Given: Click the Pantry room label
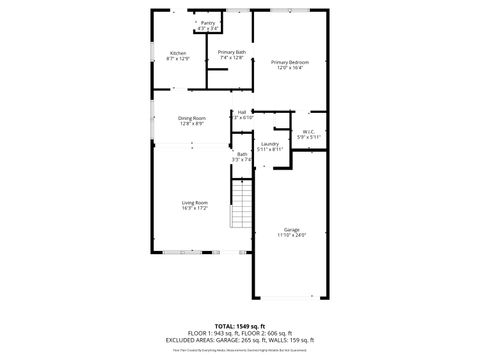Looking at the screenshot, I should click(x=208, y=21).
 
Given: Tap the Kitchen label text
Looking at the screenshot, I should click(x=178, y=52).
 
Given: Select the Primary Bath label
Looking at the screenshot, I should click(x=233, y=52).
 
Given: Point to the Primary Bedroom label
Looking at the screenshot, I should click(x=290, y=62).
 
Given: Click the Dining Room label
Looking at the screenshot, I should click(x=192, y=118).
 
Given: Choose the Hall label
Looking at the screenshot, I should click(x=242, y=112).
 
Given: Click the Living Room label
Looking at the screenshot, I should click(x=194, y=203).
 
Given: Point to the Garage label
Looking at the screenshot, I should click(x=291, y=229).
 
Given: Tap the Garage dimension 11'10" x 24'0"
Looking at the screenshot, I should click(x=291, y=235).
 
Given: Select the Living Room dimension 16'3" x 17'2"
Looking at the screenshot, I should click(x=194, y=209).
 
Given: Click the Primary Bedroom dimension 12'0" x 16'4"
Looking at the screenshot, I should click(x=290, y=68).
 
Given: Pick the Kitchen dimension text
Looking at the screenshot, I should click(x=178, y=58).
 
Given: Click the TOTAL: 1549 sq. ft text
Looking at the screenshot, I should click(x=239, y=326).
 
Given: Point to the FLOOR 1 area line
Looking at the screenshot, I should click(x=239, y=333).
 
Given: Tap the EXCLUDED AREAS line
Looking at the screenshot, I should click(x=239, y=340).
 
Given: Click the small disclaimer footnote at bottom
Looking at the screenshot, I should click(x=239, y=349).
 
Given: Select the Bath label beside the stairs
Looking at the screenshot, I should click(x=242, y=154).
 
